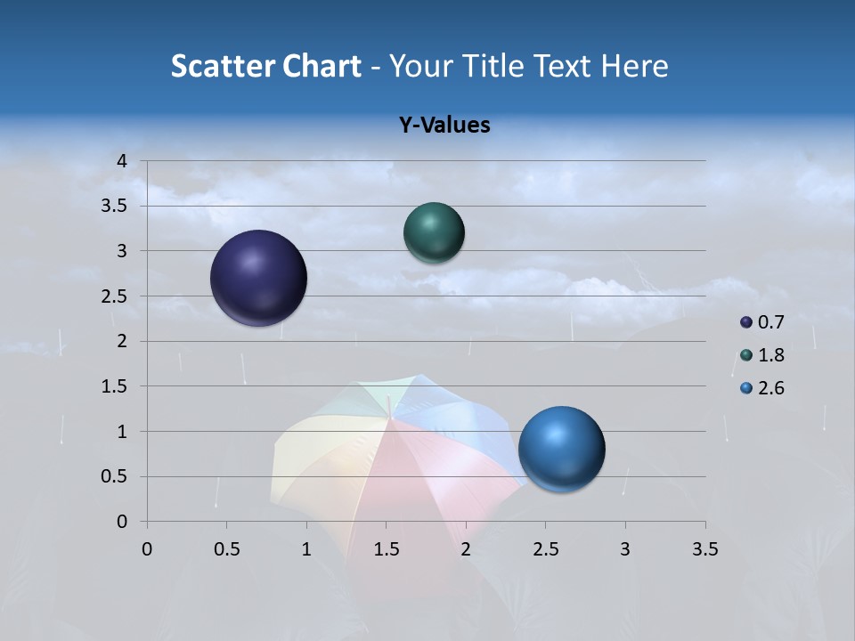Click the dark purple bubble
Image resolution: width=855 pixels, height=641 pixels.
point(259,278)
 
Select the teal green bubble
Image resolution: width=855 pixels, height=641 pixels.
point(434,233)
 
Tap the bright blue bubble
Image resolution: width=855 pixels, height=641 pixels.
point(562,450)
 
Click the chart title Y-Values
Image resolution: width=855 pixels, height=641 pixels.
point(444,126)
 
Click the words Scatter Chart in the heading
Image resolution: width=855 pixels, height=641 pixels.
point(265,66)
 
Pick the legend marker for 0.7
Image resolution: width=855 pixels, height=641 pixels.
point(745,322)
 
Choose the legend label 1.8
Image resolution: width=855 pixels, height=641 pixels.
point(771,355)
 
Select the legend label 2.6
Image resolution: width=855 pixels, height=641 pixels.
point(771,388)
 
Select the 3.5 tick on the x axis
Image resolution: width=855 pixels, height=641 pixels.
point(704,549)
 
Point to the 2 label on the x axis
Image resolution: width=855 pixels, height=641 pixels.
point(466,549)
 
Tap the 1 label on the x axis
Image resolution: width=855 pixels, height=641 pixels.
point(306,549)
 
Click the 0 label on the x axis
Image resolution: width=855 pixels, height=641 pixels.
point(147,549)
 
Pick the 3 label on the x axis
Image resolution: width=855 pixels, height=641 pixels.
point(625,549)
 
